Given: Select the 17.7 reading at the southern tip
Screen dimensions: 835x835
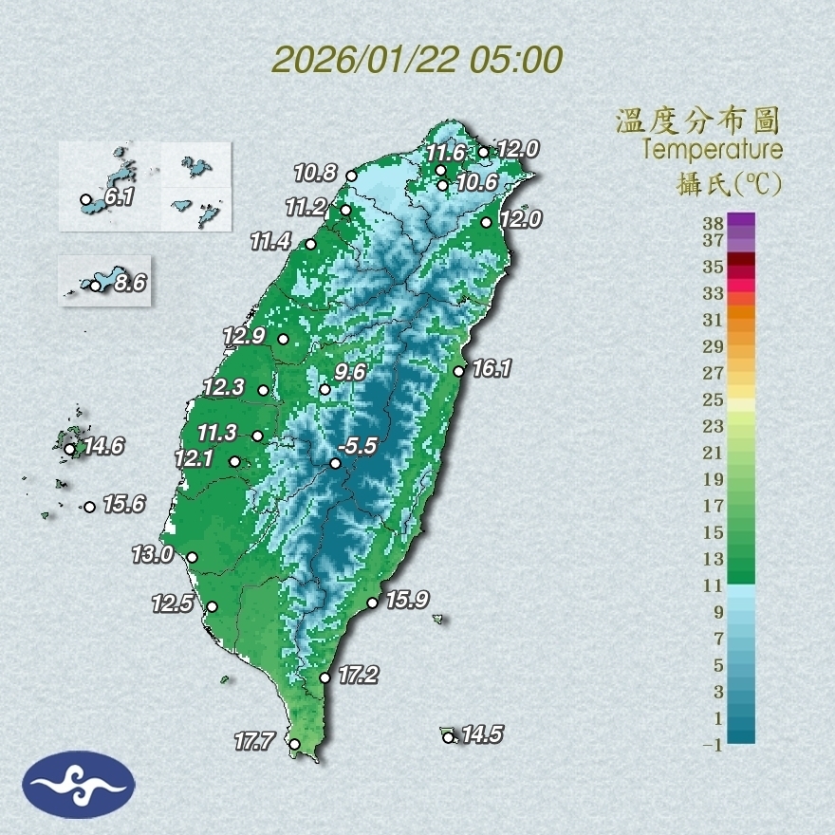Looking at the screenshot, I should click(x=255, y=740).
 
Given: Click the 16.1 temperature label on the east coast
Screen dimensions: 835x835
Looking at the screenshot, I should click(x=492, y=368).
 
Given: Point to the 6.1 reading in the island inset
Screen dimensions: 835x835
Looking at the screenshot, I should click(x=118, y=198).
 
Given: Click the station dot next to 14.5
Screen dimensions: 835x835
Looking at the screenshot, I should click(x=448, y=737).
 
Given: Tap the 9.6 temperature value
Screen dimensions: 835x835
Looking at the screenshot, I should click(x=350, y=372).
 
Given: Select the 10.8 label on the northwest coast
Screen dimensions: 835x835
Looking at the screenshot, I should click(x=315, y=173).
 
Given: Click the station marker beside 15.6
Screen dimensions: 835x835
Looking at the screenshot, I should click(x=89, y=507).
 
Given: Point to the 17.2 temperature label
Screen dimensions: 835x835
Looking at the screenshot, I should click(x=359, y=676).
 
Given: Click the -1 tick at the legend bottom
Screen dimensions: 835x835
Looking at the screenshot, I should click(x=714, y=746).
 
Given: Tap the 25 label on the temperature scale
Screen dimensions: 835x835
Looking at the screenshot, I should click(x=714, y=399).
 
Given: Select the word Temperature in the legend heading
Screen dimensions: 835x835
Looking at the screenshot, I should click(x=712, y=150).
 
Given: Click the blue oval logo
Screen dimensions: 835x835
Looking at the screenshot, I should click(x=79, y=785).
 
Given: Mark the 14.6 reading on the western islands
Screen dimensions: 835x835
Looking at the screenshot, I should click(x=103, y=446).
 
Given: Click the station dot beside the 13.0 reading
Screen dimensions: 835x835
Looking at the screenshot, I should click(x=192, y=558).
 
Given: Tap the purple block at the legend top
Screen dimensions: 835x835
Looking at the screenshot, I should click(x=741, y=220).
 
